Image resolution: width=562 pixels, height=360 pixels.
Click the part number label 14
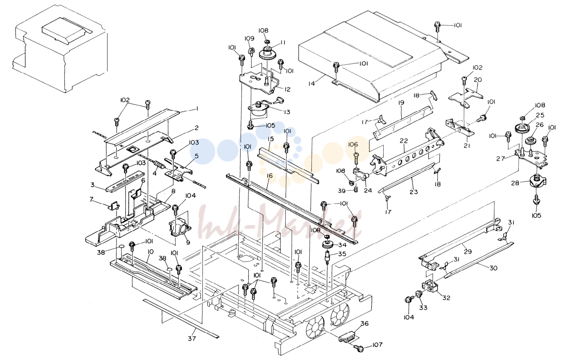pos(311,83)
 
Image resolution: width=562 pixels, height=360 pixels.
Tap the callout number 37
pos(192,339)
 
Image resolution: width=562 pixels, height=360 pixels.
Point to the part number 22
pos(404,141)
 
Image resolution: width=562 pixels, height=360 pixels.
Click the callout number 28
pos(515,183)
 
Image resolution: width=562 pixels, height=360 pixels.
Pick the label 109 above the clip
pos(250,38)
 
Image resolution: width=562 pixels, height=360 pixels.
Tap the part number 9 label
pos(188,243)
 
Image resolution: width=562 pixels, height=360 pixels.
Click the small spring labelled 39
pos(355,189)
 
